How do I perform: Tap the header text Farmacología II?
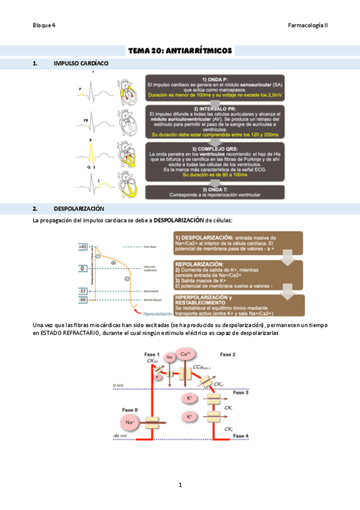coord(308,25)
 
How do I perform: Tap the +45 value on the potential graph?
coord(83,247)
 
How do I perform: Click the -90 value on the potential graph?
coord(83,299)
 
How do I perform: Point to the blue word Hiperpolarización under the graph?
coord(153,313)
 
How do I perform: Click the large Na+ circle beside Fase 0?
coord(129,423)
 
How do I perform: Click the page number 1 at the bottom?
coord(180,484)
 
